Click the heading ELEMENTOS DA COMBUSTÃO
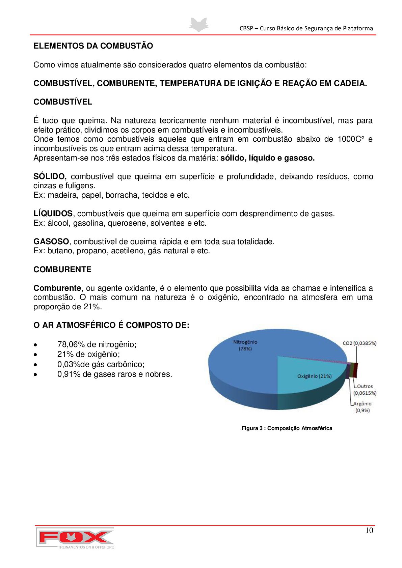tap(93, 46)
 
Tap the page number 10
tap(369, 531)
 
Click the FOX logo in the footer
tap(75, 538)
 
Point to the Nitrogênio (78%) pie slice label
tap(245, 345)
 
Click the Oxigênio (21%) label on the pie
tap(314, 376)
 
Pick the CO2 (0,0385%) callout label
tap(359, 343)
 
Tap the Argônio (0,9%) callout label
tap(363, 407)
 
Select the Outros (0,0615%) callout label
tap(365, 390)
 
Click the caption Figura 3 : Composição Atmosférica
tap(287, 428)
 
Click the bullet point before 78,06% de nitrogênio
tap(35, 345)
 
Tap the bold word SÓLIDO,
tap(50, 176)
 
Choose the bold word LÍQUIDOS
tap(53, 214)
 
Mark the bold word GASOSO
tap(51, 242)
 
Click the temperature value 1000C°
tap(351, 139)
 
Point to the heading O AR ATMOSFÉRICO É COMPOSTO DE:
tap(111, 325)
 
